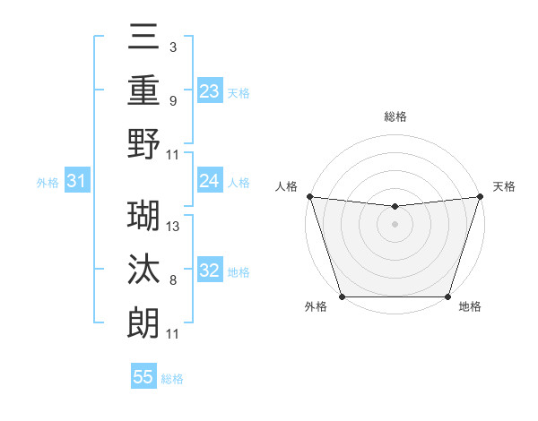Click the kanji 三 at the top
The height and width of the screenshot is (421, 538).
144,37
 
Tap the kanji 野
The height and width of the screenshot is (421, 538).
144,143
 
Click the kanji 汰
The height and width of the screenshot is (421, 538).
144,268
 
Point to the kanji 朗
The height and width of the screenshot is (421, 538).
144,321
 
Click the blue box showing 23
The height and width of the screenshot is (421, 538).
210,90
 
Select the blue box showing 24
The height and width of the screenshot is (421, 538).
210,181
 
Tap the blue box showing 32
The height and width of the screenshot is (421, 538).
210,271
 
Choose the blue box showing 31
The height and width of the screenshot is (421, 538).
77,181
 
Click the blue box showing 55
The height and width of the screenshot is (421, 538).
143,377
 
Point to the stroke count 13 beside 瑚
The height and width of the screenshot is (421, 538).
173,227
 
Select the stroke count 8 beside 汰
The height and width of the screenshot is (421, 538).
172,280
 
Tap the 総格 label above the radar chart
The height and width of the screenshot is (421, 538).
395,116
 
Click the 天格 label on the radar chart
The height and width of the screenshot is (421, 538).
504,186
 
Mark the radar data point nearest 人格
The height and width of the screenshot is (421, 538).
309,196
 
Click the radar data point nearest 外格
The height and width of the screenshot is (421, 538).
343,296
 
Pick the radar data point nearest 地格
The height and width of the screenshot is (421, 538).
447,296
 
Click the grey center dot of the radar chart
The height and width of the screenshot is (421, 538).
395,224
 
